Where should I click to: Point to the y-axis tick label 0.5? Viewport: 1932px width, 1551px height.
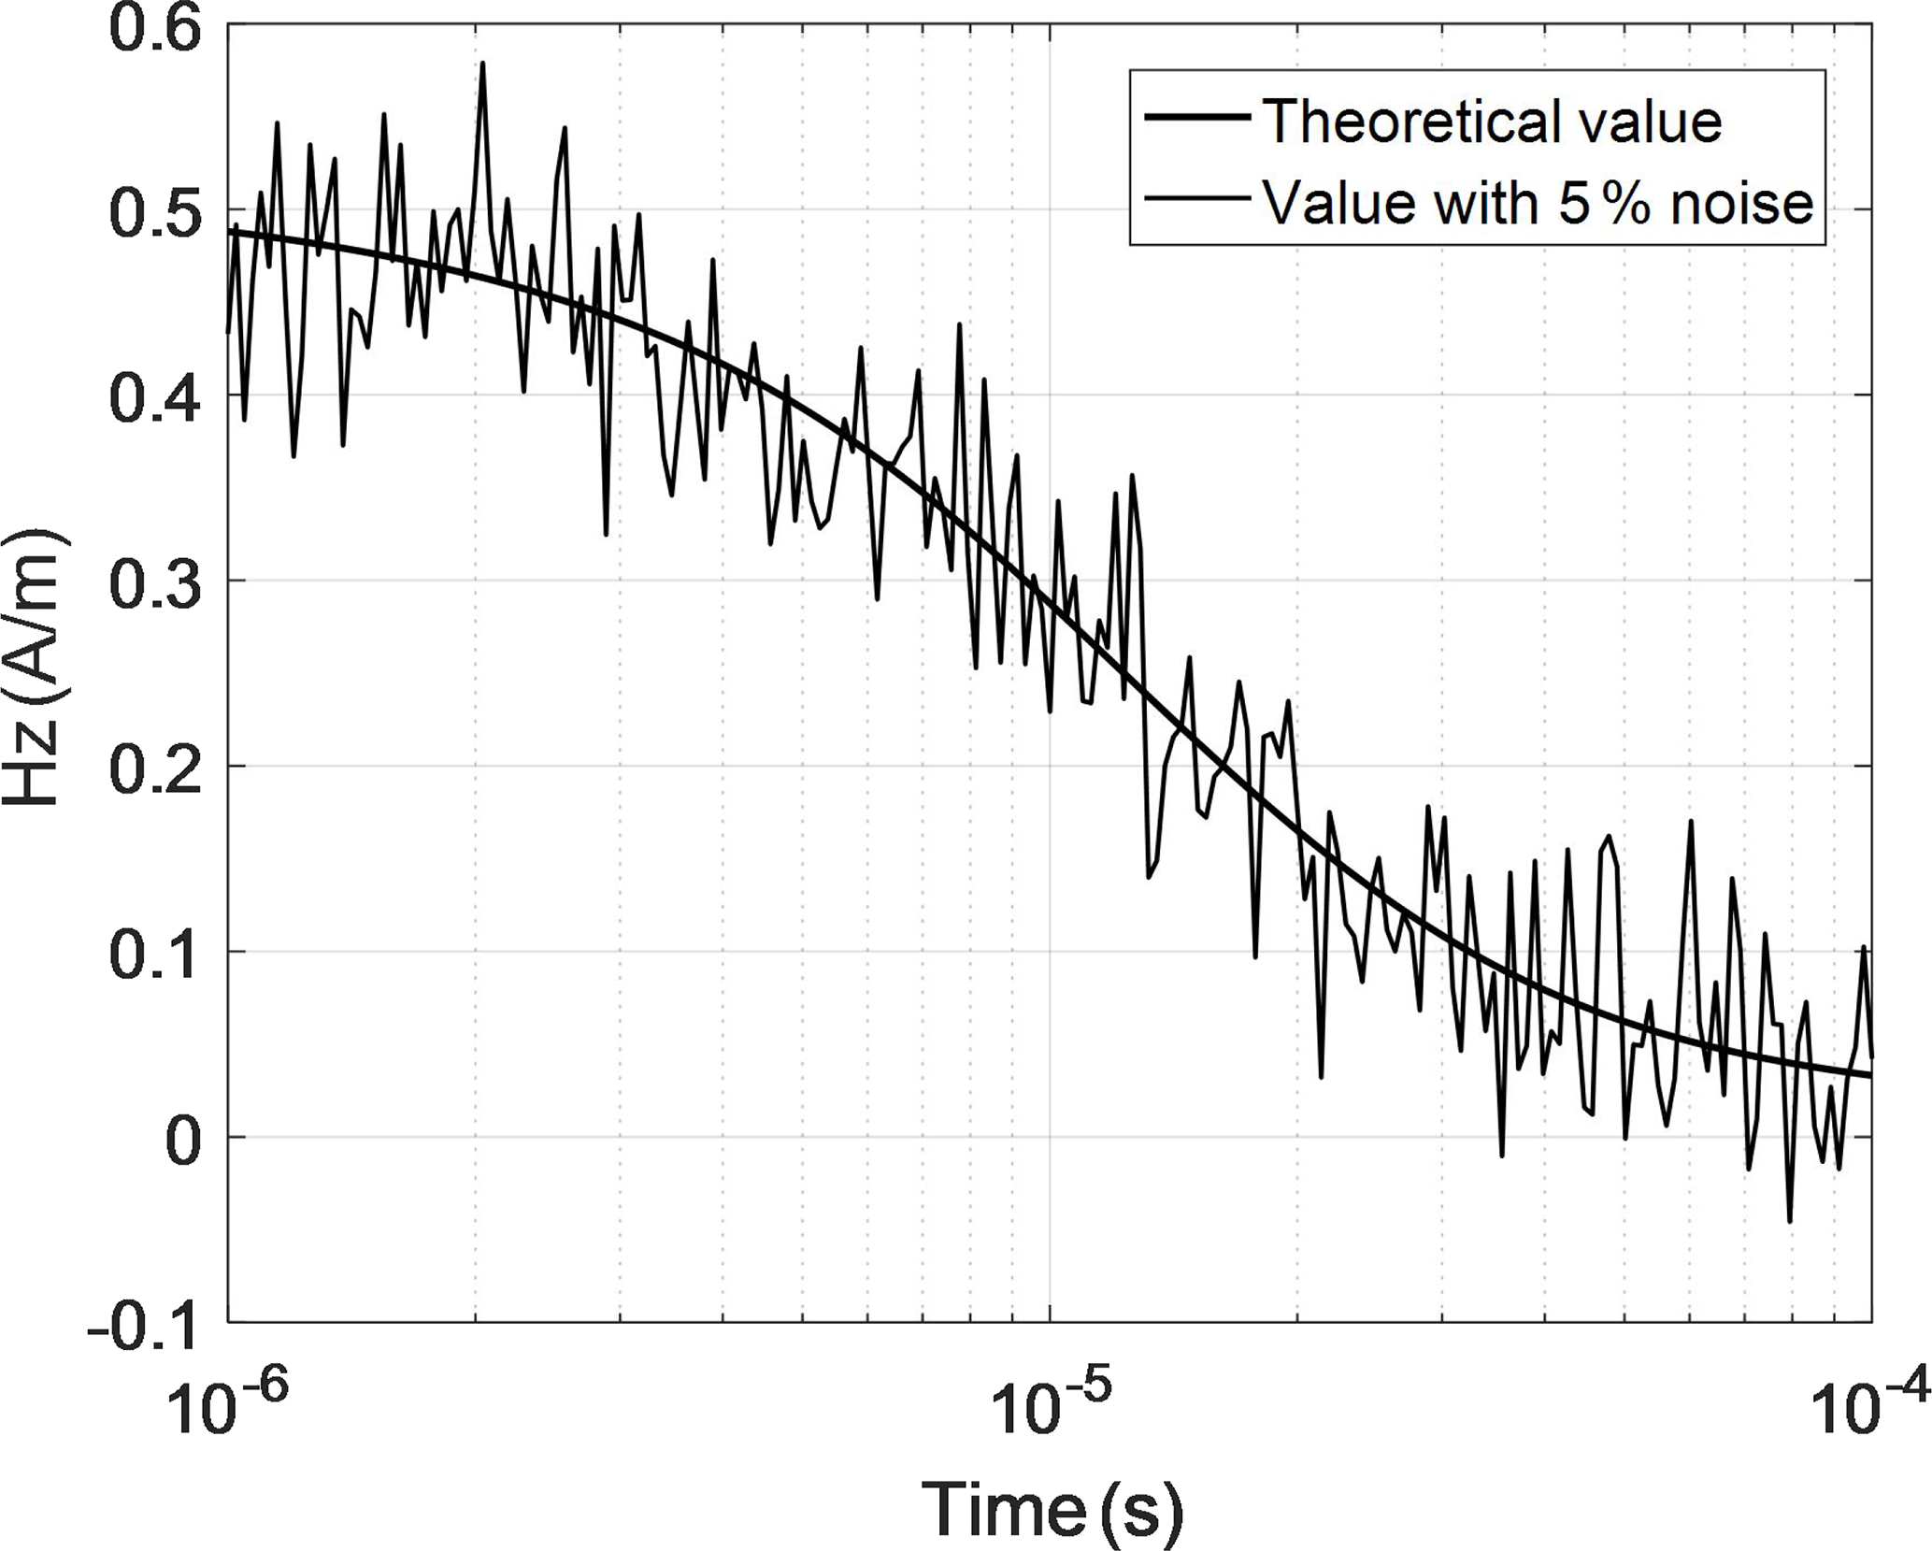(154, 213)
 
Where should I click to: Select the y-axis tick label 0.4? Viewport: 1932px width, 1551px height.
(154, 398)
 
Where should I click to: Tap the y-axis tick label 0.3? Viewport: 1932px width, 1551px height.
(154, 583)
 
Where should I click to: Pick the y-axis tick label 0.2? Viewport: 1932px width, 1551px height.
(154, 768)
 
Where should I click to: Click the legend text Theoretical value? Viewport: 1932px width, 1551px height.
(1492, 122)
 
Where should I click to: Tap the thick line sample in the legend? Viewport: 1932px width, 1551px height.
(1199, 118)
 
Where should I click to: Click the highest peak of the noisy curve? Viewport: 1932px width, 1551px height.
(483, 64)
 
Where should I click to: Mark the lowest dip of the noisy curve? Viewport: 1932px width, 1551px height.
(1789, 1221)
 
